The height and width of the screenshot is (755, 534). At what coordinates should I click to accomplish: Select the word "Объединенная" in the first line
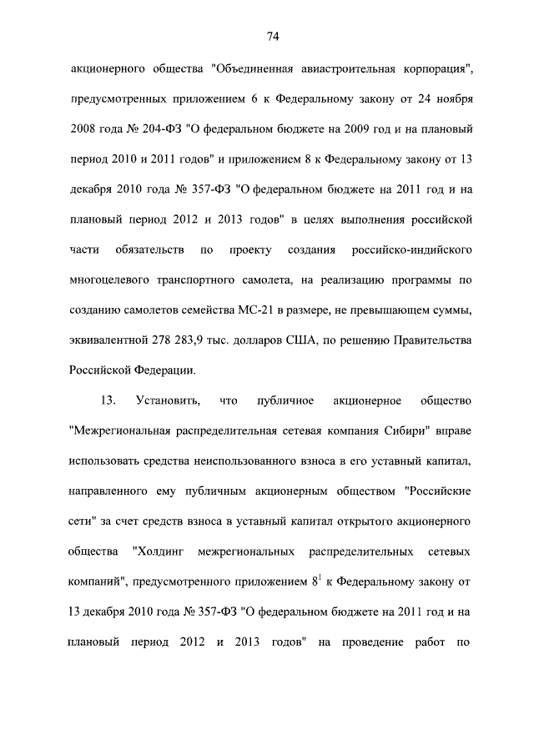(x=258, y=68)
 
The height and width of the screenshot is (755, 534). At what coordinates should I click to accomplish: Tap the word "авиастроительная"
(x=360, y=68)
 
